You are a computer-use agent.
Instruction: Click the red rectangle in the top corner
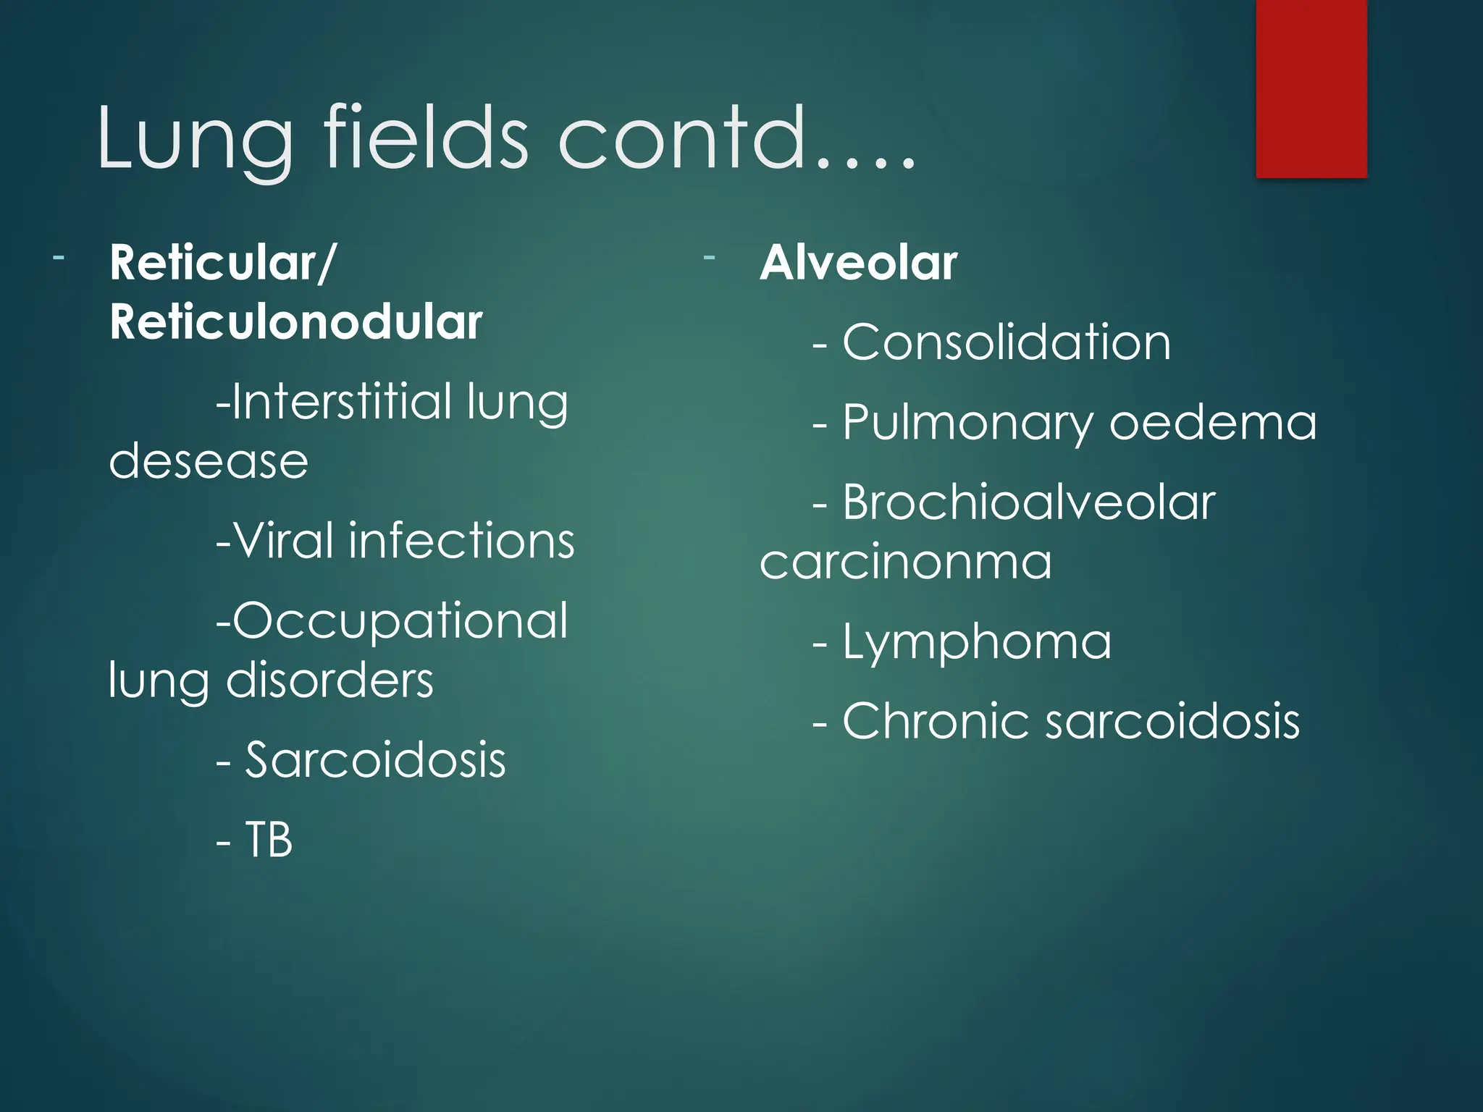pyautogui.click(x=1311, y=88)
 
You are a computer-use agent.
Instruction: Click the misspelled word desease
pyautogui.click(x=209, y=461)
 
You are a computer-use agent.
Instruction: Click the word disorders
pyautogui.click(x=329, y=681)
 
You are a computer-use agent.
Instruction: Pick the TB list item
pyautogui.click(x=269, y=840)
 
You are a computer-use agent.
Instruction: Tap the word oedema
pyautogui.click(x=1213, y=423)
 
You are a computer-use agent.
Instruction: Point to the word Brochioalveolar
pyautogui.click(x=1028, y=502)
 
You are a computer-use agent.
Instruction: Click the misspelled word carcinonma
pyautogui.click(x=905, y=562)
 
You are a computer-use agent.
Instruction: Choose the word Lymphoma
pyautogui.click(x=977, y=642)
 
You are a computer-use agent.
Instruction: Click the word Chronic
pyautogui.click(x=935, y=721)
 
